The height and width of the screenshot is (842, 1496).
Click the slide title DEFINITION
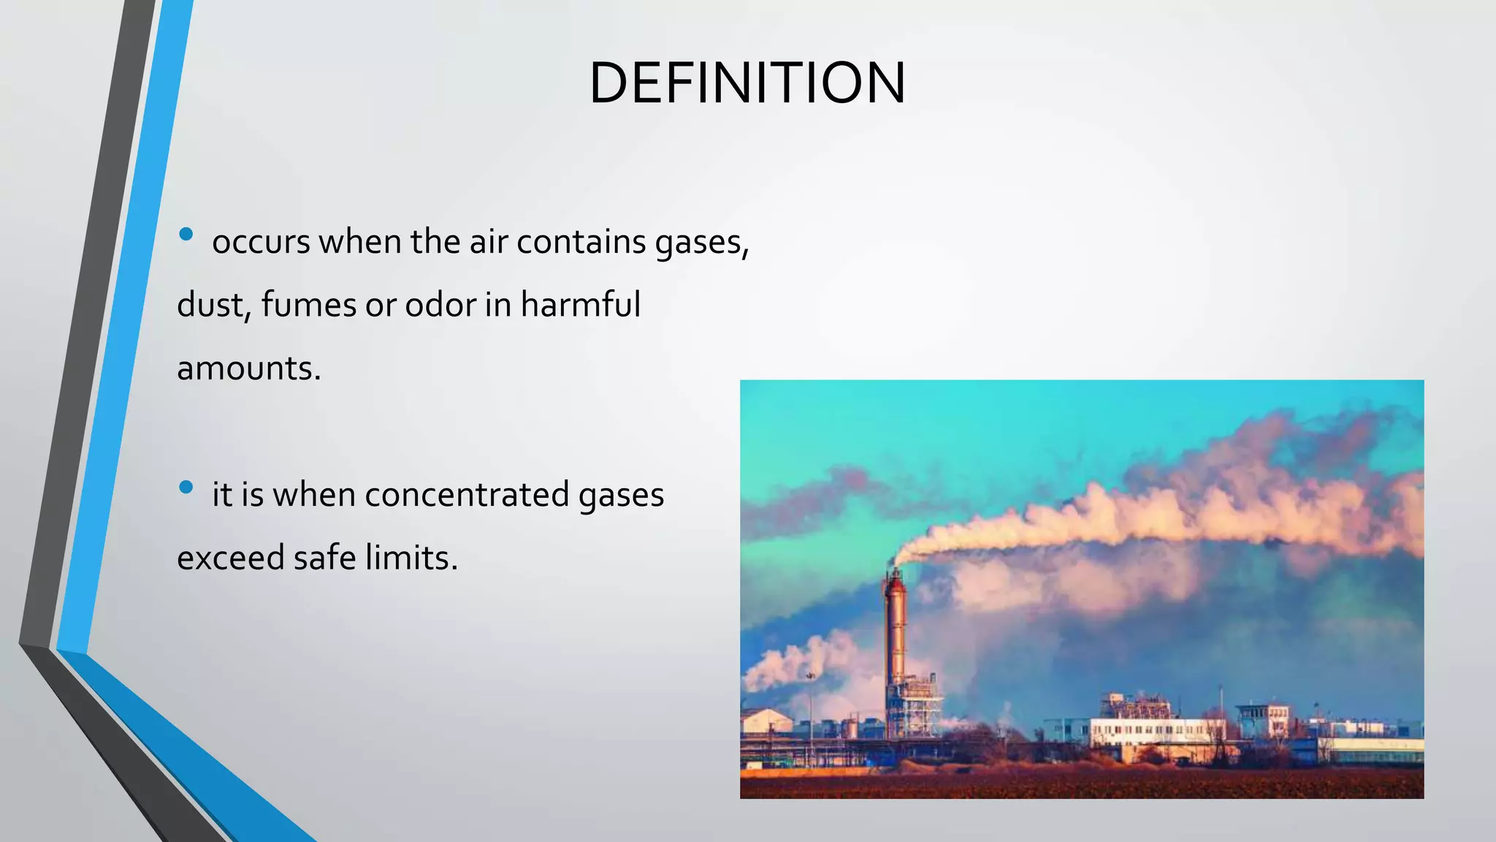click(x=747, y=83)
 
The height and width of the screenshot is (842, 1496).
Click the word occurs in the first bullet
click(x=261, y=243)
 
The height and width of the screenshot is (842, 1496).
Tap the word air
click(x=488, y=242)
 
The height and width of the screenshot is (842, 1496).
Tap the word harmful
click(x=580, y=305)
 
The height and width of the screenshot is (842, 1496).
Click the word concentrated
click(x=467, y=495)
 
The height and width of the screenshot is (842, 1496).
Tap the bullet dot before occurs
click(x=186, y=235)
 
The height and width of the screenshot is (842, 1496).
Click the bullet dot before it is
click(x=186, y=487)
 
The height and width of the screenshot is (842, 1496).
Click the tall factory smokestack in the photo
click(x=896, y=636)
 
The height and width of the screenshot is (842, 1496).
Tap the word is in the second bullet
click(x=252, y=495)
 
